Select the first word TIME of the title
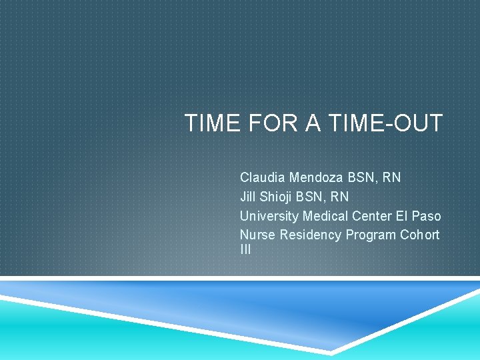click(x=209, y=123)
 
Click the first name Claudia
click(x=263, y=178)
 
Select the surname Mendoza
click(x=317, y=178)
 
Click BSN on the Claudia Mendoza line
click(x=362, y=178)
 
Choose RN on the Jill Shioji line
click(x=339, y=197)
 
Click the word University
click(x=269, y=216)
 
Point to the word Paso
click(x=427, y=216)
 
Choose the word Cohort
click(x=420, y=235)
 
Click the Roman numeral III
click(x=245, y=250)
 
